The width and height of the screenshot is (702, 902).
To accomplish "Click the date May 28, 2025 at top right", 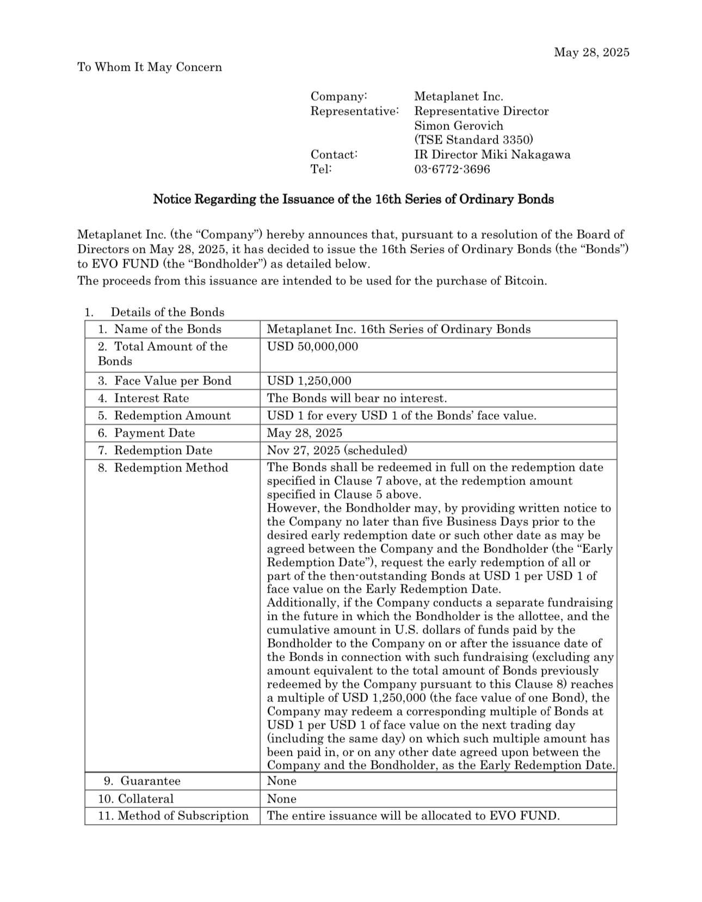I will coord(591,52).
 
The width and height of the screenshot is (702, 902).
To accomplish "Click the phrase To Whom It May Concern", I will coord(150,67).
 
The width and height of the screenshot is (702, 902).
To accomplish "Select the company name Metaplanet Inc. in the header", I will coord(458,96).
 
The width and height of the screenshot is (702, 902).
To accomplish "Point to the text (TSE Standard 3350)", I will coord(473,140).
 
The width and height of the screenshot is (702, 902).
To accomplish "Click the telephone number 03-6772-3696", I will coord(452,169).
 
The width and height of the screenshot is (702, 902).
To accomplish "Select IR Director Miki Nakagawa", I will coord(492,154).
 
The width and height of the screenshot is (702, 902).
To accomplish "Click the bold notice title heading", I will coord(353,199).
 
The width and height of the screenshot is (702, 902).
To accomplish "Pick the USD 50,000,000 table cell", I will coord(312,346).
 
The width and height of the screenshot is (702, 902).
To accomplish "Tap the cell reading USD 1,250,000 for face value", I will coord(309,381).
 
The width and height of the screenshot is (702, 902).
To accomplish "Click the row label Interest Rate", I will coord(151,398).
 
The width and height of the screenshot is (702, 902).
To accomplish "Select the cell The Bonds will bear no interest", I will coord(356,398).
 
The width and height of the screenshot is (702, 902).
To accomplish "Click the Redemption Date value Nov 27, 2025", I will coord(337,450).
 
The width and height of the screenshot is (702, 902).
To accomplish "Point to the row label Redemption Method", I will coord(171,468).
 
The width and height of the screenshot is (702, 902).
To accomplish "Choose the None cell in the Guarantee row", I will coord(281,781).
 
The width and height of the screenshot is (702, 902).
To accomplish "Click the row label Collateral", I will coord(145,799).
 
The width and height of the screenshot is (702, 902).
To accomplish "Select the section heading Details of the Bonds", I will coord(167,312).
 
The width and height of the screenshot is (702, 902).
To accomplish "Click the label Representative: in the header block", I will coord(354,111).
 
